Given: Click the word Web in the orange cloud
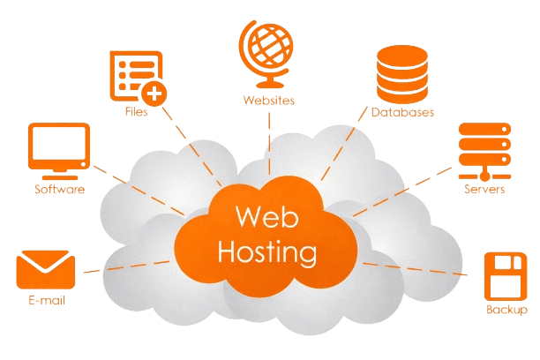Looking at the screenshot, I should click(x=262, y=217).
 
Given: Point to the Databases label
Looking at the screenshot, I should click(x=402, y=114).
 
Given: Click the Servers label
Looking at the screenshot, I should click(x=484, y=189).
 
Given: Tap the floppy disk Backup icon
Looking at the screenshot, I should click(x=506, y=276).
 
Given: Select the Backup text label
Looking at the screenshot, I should click(x=506, y=311).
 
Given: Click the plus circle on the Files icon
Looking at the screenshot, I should click(x=155, y=92).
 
